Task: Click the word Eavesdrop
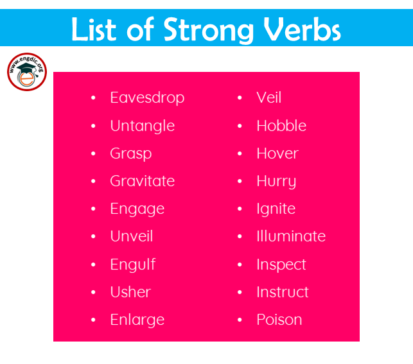coord(147,98)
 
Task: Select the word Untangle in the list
coord(143,126)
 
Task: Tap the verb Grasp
coord(131,153)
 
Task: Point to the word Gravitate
coord(143,181)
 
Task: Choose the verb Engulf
coord(133,264)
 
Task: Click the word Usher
coord(130,292)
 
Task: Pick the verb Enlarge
coord(137,320)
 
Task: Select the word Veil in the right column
coord(269,98)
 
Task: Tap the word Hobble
coord(281,125)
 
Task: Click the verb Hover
coord(277,153)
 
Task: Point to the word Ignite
coord(276,209)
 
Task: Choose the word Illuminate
coord(292,236)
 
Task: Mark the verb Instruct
coord(283,292)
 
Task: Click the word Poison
coord(279,320)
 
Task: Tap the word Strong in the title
coord(209,30)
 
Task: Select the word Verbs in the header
coord(302,29)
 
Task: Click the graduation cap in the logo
coord(27,69)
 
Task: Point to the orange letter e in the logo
coord(27,79)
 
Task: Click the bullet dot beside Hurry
coord(240,181)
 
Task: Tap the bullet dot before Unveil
coord(93,236)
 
